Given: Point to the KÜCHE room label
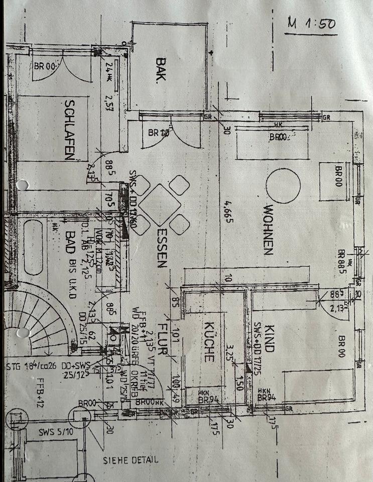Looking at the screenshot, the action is point(209,342).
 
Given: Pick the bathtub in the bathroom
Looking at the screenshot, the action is point(34,247).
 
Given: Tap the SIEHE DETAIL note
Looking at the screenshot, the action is point(131,459).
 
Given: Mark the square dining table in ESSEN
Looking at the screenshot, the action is point(159,204).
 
